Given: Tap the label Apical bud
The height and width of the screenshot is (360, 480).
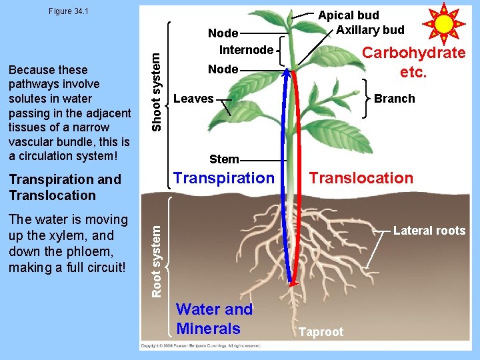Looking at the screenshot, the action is (348, 15).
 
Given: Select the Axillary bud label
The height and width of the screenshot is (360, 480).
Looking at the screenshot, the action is (370, 29).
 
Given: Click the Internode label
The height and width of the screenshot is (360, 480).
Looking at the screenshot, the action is (246, 49).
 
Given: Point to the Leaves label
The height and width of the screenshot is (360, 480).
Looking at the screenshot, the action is (193, 99).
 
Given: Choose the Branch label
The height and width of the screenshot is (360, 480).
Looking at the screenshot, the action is (394, 99).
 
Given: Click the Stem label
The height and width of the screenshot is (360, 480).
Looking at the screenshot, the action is (224, 159).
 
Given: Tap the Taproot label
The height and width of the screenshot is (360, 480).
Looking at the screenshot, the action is (321, 332).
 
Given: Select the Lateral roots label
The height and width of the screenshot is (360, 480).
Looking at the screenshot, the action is (429, 231).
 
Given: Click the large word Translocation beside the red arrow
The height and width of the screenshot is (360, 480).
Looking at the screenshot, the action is (361, 178).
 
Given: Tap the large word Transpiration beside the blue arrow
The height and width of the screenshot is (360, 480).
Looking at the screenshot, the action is (223, 178).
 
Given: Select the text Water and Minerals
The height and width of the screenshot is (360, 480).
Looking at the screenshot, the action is (213, 319).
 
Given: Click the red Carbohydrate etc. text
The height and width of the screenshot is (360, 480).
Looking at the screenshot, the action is (413, 63).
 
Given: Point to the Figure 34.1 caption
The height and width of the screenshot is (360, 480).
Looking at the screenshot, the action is (69, 11).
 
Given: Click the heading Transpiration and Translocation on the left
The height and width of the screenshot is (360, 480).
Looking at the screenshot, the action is (65, 187).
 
